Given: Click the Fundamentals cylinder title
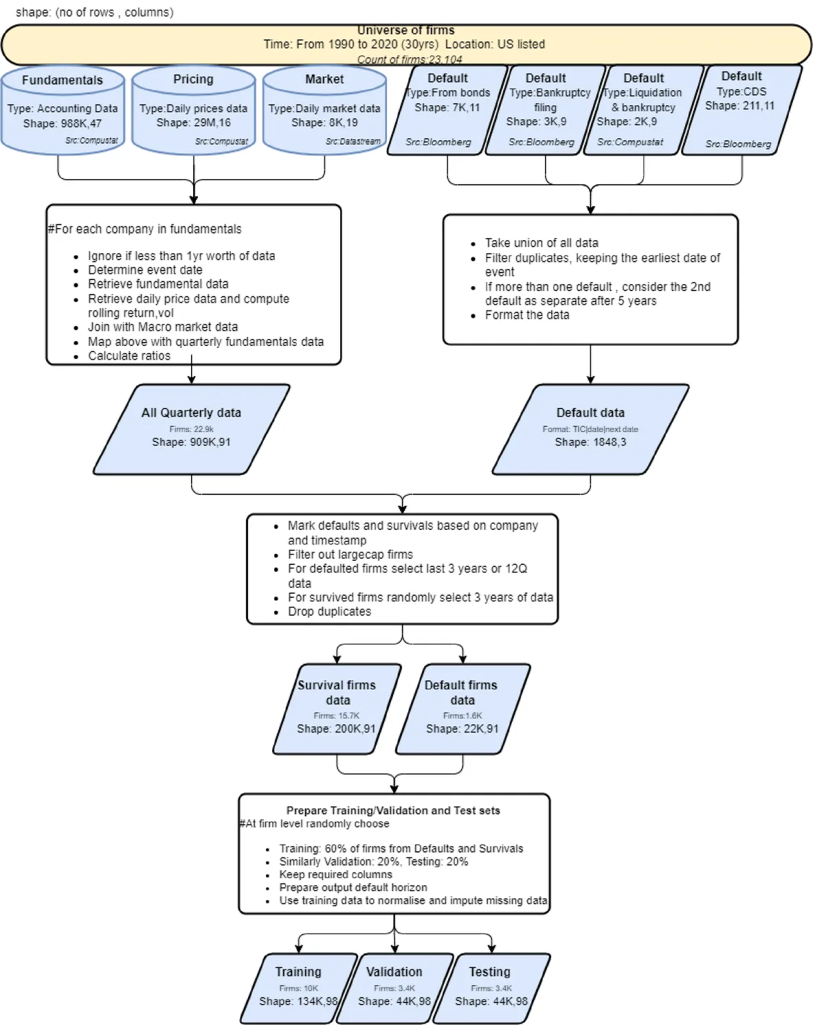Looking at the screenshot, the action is pyautogui.click(x=63, y=80).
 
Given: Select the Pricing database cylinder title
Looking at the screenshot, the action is pyautogui.click(x=193, y=79).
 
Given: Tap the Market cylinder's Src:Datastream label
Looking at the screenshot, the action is pyautogui.click(x=353, y=141).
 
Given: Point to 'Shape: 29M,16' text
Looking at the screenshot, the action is pyautogui.click(x=194, y=122).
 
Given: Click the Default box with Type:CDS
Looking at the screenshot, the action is pyautogui.click(x=742, y=110).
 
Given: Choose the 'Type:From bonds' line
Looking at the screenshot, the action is pyautogui.click(x=447, y=93).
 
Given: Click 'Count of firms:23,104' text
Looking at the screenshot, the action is pyautogui.click(x=410, y=60).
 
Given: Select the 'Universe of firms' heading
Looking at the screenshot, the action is pyautogui.click(x=406, y=30).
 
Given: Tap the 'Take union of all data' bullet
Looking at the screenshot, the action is pyautogui.click(x=542, y=243).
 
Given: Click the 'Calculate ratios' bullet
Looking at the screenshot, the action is pyautogui.click(x=129, y=356).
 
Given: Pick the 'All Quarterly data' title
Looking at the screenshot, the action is pyautogui.click(x=191, y=413).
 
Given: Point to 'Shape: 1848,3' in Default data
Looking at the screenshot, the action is pyautogui.click(x=590, y=442).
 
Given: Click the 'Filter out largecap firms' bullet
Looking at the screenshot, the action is pyautogui.click(x=350, y=555).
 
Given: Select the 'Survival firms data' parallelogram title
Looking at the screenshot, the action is pyautogui.click(x=337, y=693).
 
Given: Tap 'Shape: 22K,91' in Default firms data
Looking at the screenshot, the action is pyautogui.click(x=462, y=728).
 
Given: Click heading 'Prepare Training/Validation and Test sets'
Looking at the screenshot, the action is pyautogui.click(x=393, y=810).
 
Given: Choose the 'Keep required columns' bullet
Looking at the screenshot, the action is pyautogui.click(x=335, y=875).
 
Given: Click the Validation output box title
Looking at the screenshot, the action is pyautogui.click(x=394, y=971).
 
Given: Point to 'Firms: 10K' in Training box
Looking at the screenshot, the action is pyautogui.click(x=298, y=989).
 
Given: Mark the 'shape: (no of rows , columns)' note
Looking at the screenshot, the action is pyautogui.click(x=94, y=12).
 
